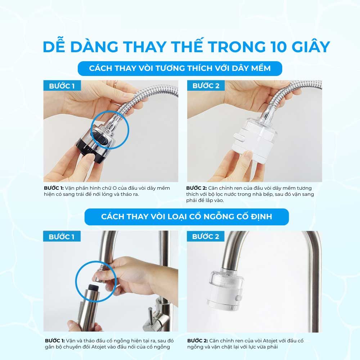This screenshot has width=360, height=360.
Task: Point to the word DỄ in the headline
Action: pyautogui.click(x=56, y=47)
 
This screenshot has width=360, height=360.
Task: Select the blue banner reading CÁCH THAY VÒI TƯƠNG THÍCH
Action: pyautogui.click(x=180, y=68)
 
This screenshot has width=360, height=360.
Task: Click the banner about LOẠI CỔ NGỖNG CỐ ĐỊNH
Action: pyautogui.click(x=186, y=217)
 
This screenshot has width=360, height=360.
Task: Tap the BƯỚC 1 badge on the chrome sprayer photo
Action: pyautogui.click(x=62, y=86)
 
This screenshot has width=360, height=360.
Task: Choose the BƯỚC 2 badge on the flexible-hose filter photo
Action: pyautogui.click(x=206, y=86)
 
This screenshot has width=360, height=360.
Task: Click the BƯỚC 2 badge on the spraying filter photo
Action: pyautogui.click(x=206, y=237)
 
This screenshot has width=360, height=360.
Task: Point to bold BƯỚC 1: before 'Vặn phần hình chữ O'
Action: pyautogui.click(x=54, y=188)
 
